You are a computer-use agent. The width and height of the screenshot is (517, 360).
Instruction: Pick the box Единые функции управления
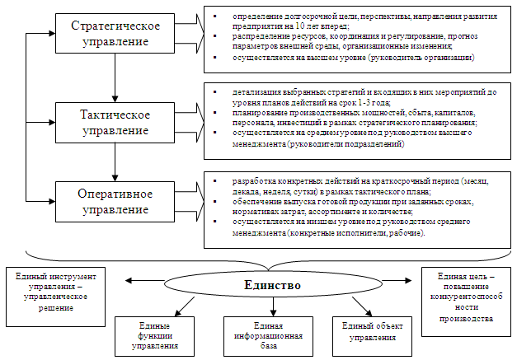tap(154, 335)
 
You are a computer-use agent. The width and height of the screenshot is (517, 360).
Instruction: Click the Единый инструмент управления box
tap(55, 290)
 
